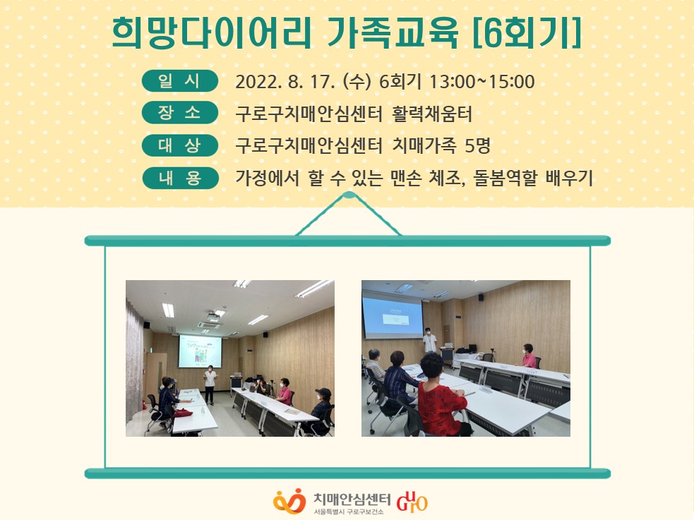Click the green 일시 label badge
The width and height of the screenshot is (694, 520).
[x=180, y=81]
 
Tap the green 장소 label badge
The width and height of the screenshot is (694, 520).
[x=180, y=113]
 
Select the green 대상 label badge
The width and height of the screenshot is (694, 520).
[x=180, y=145]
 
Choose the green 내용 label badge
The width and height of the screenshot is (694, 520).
[x=180, y=178]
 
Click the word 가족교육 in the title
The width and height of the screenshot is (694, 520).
[x=392, y=32]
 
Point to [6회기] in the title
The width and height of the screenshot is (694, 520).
[x=527, y=32]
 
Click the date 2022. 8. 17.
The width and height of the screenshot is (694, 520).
[x=285, y=82]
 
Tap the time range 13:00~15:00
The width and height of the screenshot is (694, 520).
[x=482, y=82]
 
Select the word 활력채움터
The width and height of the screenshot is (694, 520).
[x=432, y=114]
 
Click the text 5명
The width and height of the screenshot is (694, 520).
[x=477, y=145]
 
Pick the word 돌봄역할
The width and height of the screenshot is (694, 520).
[x=505, y=178]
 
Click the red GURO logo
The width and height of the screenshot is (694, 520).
[x=412, y=501]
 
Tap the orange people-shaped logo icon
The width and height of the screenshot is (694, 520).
[x=289, y=501]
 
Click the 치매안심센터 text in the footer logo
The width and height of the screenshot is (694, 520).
[x=352, y=499]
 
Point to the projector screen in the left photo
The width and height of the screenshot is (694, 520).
[x=200, y=351]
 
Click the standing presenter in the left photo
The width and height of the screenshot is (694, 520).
[x=210, y=385]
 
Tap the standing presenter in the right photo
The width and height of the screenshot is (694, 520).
[x=429, y=341]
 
